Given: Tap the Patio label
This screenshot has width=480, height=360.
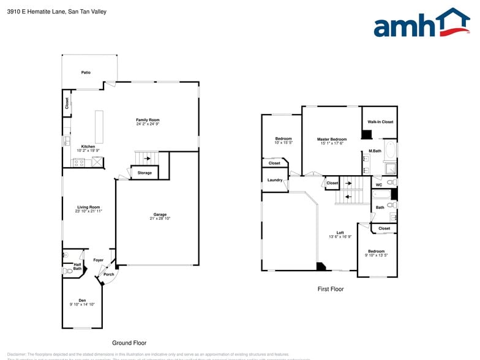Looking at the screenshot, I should coord(86,72).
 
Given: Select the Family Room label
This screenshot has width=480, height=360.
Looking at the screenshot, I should coord(148,119).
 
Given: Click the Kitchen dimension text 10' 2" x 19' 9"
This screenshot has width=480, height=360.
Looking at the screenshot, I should coord(88,151).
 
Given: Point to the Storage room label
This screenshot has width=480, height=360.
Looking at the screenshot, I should coord(144,173).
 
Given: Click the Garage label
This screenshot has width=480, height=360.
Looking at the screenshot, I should coord(160,214).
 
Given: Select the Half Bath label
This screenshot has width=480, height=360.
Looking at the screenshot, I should coord(77,266).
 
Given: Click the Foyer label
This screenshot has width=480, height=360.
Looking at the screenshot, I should coord(98,260).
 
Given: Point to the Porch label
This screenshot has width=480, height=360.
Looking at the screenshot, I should coord(109,274).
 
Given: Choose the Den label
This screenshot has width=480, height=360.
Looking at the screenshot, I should coord(82,299).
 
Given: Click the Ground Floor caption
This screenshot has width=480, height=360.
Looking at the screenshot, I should coord(129,343).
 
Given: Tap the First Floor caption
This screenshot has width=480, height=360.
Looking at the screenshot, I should coord(330,288).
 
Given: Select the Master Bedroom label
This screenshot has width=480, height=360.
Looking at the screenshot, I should coord(332,139).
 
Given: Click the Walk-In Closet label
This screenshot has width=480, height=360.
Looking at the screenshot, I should coord(380,122).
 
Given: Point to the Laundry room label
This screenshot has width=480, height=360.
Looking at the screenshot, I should coord(275,180).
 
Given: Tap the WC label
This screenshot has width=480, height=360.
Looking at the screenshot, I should coord(379,184).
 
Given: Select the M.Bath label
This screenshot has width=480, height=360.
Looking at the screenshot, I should coord(375,151).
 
